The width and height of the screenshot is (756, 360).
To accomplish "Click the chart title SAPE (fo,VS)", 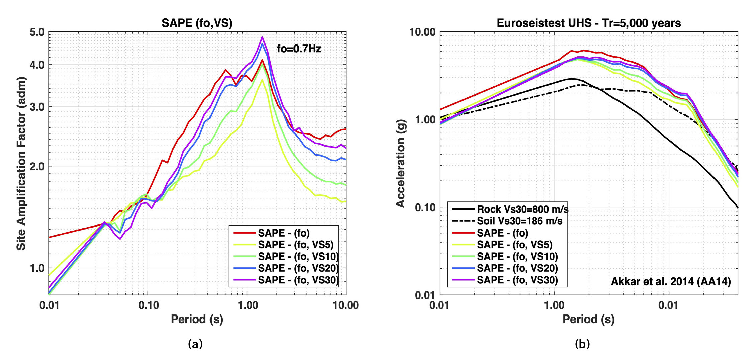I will coord(197,23).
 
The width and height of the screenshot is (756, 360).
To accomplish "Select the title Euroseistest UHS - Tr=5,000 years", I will coord(589,23).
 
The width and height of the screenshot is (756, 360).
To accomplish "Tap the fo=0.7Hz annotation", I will coord(299,49).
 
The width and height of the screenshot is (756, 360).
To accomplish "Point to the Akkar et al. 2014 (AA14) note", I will coord(671,281).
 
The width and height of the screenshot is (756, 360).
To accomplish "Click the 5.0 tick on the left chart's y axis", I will coord(37,32).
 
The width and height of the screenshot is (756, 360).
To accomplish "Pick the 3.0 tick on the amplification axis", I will coord(37,107).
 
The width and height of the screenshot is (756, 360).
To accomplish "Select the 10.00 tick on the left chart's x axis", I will coord(346,305).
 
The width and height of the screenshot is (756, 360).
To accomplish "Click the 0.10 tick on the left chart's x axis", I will coord(148,305).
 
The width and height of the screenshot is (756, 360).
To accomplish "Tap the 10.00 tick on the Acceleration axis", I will coord(422,32).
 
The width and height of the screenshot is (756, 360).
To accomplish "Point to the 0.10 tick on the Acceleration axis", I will coord(425,208).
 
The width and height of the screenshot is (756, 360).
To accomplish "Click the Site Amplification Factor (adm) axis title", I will coord(21,163).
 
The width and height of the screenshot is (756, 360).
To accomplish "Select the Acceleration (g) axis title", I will coord(401,163).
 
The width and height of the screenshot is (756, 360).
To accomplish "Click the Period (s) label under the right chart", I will coord(588,319).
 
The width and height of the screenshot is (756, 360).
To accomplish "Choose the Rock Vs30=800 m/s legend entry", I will coord(522,209).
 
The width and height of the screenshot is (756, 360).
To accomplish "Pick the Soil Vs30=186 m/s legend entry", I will coord(519,221).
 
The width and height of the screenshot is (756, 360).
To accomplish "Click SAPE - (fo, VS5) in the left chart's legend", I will coord(296,245).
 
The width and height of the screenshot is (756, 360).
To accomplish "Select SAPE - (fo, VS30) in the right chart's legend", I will coord(517,280).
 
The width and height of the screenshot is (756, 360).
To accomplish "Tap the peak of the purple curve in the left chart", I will coord(262,37).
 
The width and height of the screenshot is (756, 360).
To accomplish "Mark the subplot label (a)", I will coord(195,344).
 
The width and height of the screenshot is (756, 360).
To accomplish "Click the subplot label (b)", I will coord(582,344).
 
